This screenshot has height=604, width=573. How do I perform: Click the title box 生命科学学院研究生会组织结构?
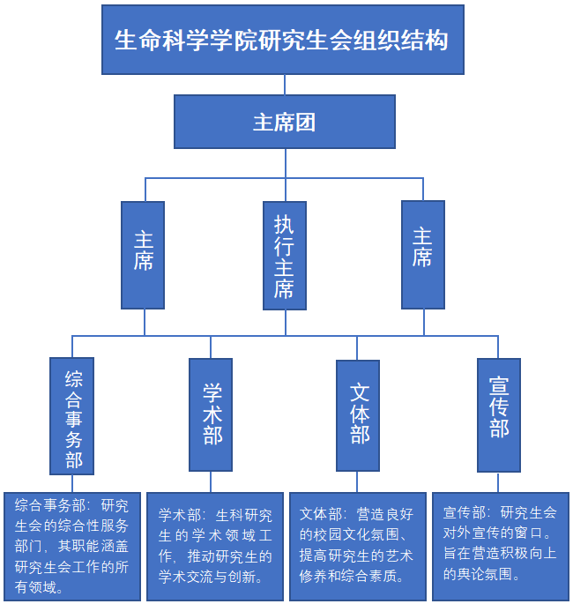283,40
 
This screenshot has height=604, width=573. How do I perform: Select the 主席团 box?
284,122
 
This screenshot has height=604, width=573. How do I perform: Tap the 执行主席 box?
285,256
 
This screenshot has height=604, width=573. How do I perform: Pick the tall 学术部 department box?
212,414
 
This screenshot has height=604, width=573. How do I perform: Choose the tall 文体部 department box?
358,414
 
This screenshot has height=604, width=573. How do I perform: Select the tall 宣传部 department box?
499,414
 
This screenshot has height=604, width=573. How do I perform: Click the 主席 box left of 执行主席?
143,256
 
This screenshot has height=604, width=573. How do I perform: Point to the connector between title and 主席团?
284,85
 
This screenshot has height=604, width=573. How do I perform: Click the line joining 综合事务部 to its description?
72,483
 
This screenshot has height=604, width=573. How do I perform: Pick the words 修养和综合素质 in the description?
351,578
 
